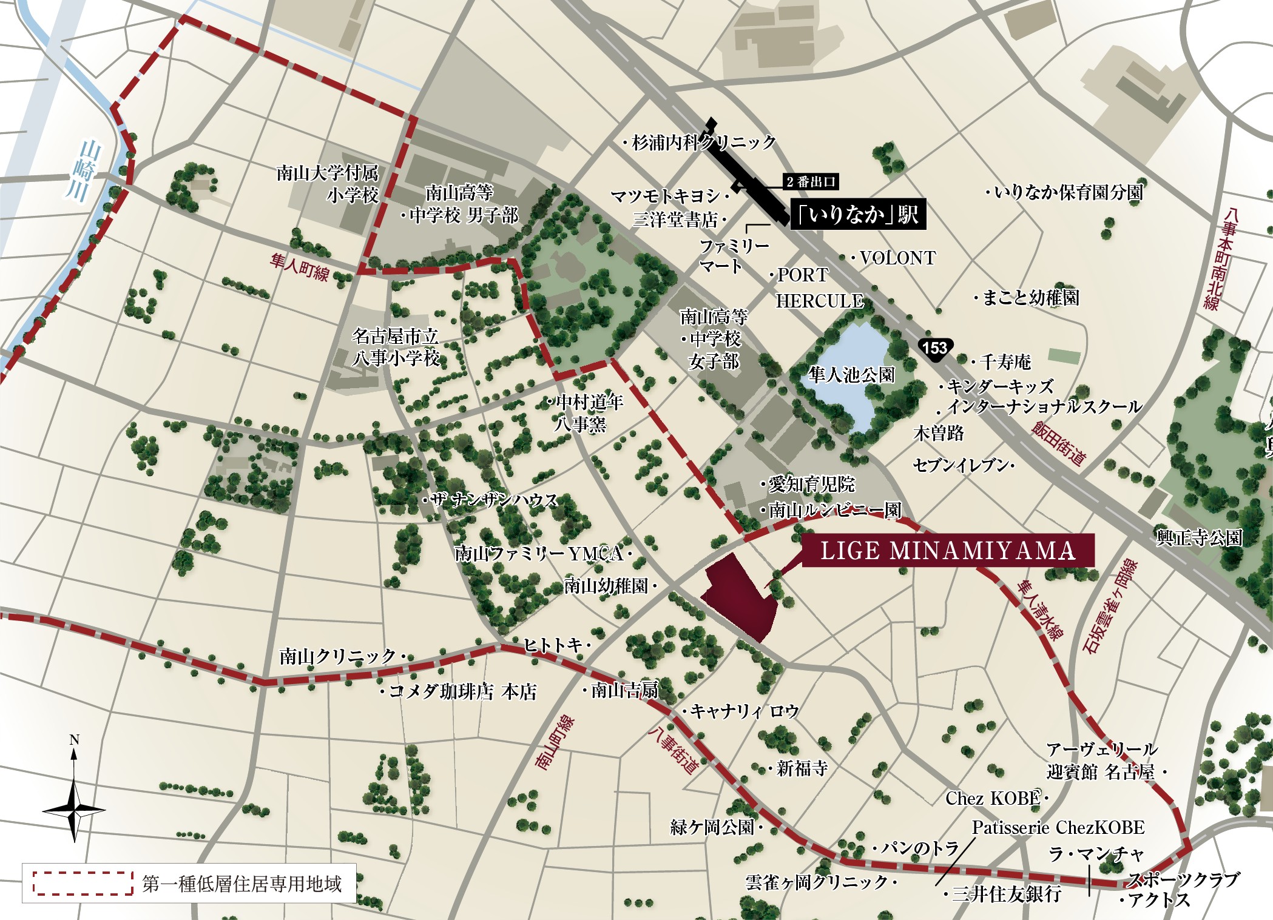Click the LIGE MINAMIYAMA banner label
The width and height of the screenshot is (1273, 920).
[948, 551]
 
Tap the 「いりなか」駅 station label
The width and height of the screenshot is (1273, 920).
[858, 214]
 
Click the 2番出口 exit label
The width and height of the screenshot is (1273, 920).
[811, 181]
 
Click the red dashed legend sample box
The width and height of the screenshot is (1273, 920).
[83, 883]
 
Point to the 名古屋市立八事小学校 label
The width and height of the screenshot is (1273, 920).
[396, 347]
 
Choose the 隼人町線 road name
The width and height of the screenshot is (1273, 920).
[300, 267]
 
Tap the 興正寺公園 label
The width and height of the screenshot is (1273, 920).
[1199, 538]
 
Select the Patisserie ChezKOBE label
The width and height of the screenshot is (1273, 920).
[1058, 827]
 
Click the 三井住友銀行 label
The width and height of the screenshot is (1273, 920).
[1006, 893]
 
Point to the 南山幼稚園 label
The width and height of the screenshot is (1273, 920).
[607, 586]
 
